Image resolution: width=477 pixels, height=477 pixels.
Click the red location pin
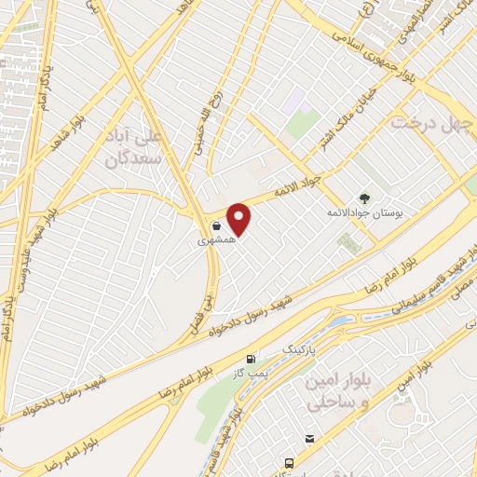point(239,219)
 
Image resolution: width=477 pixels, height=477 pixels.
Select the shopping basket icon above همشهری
point(215,225)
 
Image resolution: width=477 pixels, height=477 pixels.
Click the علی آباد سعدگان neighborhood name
point(138,148)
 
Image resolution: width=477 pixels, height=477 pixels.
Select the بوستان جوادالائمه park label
point(363,214)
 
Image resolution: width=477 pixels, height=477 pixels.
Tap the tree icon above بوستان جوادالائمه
point(365,198)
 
